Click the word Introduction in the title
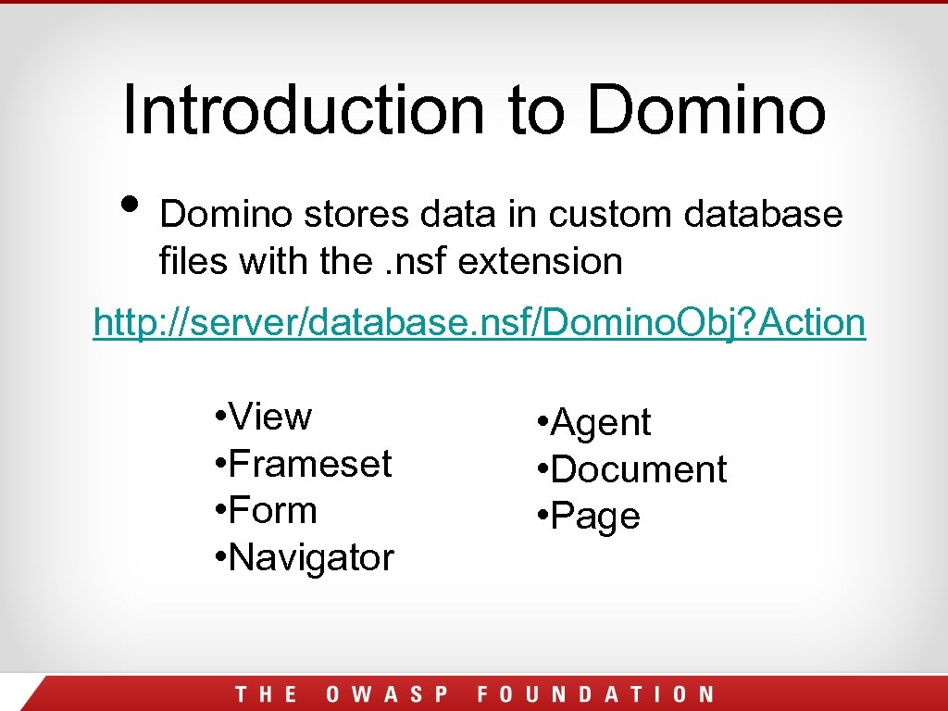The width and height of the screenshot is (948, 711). pyautogui.click(x=304, y=109)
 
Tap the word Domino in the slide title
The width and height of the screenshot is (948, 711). pyautogui.click(x=705, y=109)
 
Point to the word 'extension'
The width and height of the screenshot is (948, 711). pyautogui.click(x=541, y=262)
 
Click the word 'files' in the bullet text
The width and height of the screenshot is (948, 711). pyautogui.click(x=193, y=262)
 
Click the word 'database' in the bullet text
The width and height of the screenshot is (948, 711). pyautogui.click(x=764, y=215)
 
